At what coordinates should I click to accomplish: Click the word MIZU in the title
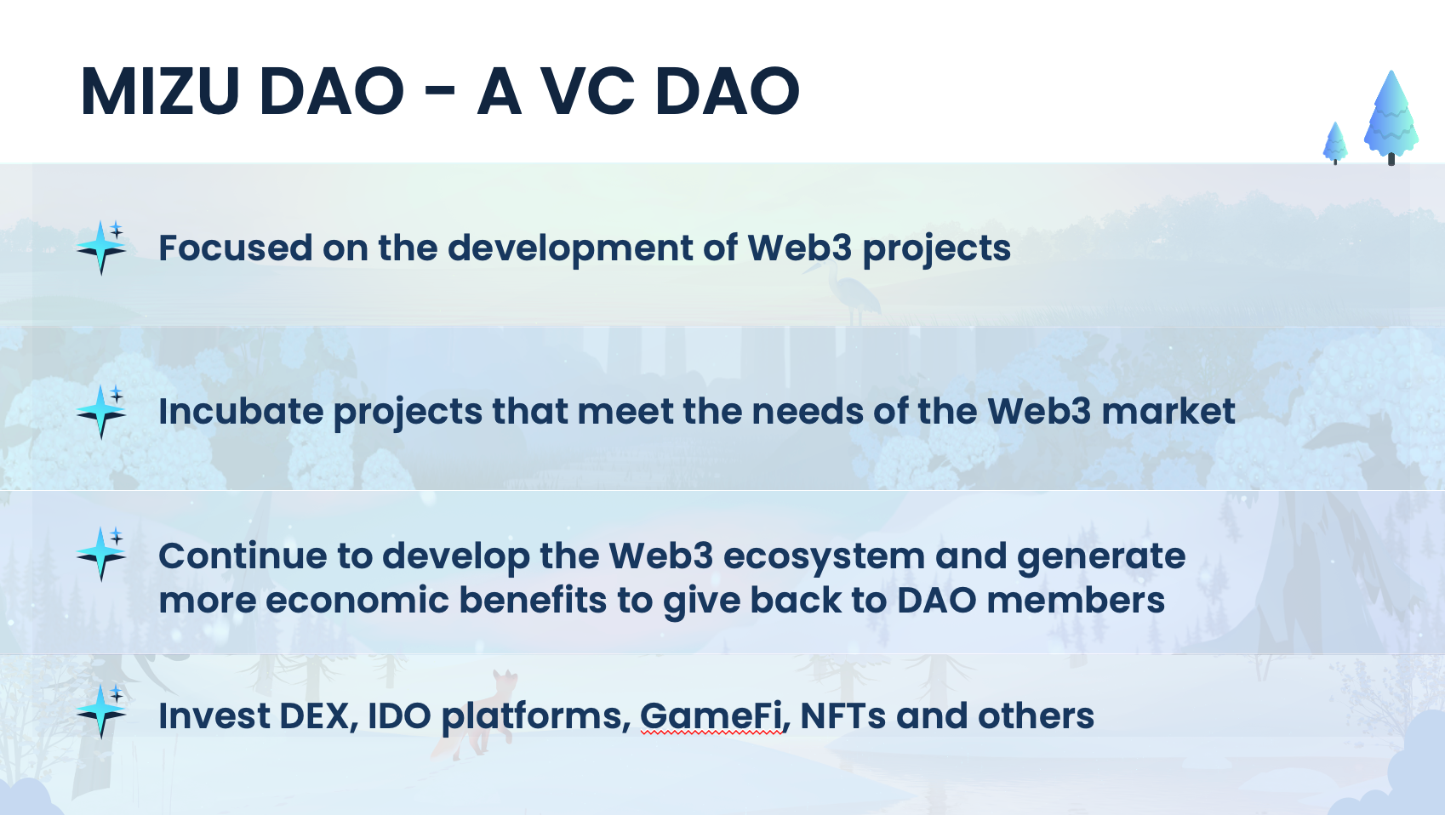[160, 91]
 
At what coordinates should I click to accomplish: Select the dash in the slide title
[441, 93]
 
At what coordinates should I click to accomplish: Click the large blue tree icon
[1391, 117]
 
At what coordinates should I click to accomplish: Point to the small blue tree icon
[1335, 143]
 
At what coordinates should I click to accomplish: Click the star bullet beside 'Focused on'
[101, 248]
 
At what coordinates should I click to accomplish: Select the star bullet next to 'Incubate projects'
[101, 412]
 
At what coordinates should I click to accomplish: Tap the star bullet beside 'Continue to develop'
[101, 554]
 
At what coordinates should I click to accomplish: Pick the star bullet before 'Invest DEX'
[101, 711]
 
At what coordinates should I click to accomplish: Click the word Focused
[236, 248]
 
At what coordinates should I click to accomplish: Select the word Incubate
[241, 412]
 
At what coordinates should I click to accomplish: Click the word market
[1168, 412]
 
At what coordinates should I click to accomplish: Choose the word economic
[357, 601]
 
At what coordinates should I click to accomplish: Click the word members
[1076, 601]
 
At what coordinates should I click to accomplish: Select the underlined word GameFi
[711, 715]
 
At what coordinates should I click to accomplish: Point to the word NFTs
[842, 715]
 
